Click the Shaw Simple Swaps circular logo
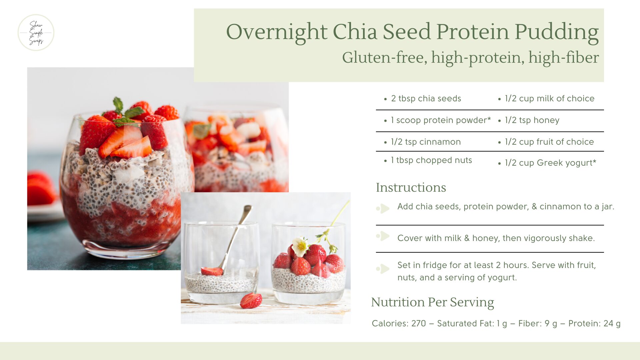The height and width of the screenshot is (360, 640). [36, 33]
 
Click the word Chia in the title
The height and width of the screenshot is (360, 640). [355, 32]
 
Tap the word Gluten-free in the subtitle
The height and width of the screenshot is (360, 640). [385, 57]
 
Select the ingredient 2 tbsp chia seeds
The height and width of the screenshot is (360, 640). [426, 98]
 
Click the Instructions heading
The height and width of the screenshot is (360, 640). [411, 187]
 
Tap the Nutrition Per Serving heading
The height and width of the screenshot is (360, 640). [432, 302]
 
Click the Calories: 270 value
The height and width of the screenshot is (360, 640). [399, 323]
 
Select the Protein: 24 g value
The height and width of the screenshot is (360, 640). [594, 323]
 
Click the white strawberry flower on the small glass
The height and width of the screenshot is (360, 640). [300, 246]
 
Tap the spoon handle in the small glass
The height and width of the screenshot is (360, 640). [237, 235]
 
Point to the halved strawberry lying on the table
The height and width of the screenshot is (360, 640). [251, 301]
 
